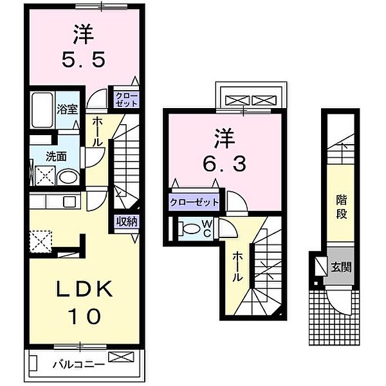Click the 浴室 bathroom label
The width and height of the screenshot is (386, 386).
pyautogui.click(x=68, y=109)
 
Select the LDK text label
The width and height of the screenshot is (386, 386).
pyautogui.click(x=79, y=290)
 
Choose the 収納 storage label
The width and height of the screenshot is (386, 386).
pyautogui.click(x=126, y=222)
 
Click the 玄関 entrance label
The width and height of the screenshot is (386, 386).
pyautogui.click(x=340, y=266)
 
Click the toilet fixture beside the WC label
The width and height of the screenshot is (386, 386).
pyautogui.click(x=190, y=228)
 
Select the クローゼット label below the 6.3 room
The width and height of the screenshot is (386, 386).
pyautogui.click(x=194, y=202)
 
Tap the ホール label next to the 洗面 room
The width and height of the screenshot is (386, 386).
pyautogui.click(x=96, y=131)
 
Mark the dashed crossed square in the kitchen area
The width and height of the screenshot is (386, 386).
pyautogui.click(x=42, y=243)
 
